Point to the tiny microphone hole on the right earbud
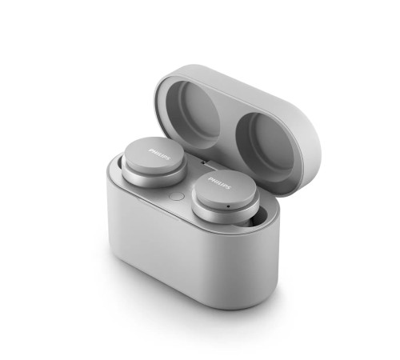[x=227, y=204]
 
